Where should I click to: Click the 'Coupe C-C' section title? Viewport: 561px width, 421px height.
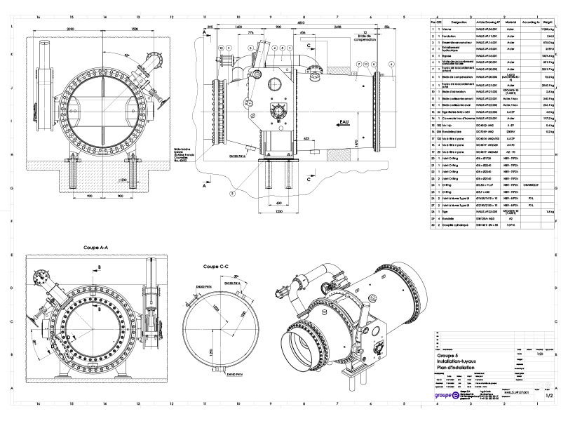tap(216, 267)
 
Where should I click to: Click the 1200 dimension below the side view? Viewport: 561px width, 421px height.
tap(278, 210)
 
